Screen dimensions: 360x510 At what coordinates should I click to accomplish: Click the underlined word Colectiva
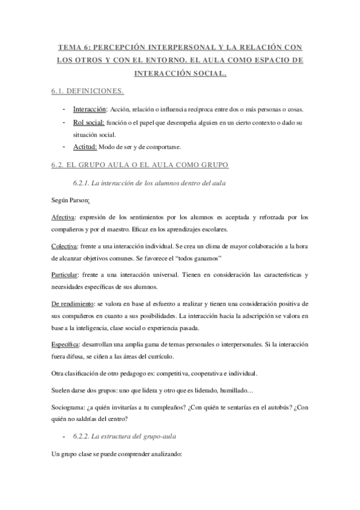[64, 246]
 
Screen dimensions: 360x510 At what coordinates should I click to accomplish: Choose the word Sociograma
[68, 407]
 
